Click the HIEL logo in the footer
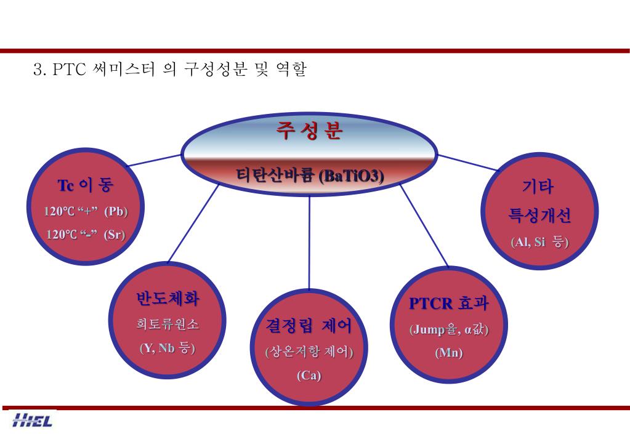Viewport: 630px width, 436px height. point(32,421)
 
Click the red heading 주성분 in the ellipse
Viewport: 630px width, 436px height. point(309,131)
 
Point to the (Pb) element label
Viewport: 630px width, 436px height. point(116,211)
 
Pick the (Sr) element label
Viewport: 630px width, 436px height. point(115,235)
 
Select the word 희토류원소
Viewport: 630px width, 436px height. point(168,324)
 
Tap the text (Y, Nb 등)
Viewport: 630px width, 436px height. point(168,348)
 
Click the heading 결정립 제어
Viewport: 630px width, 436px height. point(309,325)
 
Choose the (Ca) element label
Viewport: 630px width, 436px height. point(309,375)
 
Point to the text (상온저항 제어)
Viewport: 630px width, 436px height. point(309,352)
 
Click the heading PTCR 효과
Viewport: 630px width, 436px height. point(449,303)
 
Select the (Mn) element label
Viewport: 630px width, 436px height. point(449,353)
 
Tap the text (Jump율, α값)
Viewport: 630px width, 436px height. point(449,329)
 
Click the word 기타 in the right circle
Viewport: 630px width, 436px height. point(538,187)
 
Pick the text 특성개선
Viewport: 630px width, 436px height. point(539,215)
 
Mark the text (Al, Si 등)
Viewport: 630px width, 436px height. point(539,242)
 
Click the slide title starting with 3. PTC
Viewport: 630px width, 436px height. point(169,69)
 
